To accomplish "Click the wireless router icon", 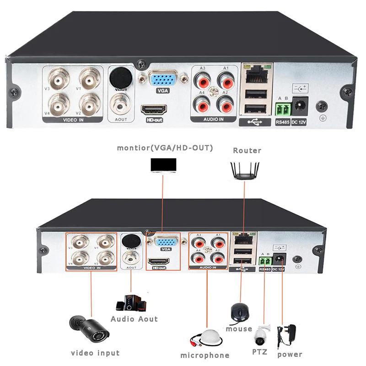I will click(245, 171).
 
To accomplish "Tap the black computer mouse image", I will click(239, 312).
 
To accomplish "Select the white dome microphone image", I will click(209, 339).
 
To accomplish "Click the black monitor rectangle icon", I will click(163, 165).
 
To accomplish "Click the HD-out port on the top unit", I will click(154, 110).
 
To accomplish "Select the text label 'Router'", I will click(247, 150).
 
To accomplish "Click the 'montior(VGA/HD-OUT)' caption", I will click(165, 148).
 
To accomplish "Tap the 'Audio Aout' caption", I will click(134, 319).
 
